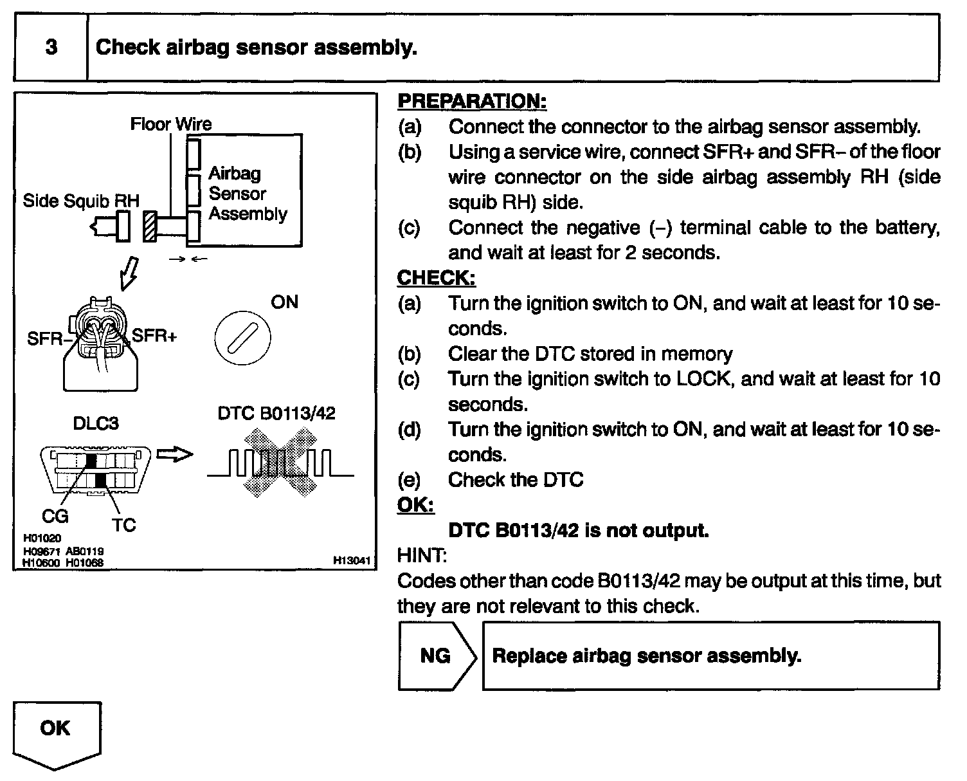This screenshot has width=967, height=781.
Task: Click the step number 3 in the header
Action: pyautogui.click(x=51, y=48)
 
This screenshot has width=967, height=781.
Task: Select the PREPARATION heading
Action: pyautogui.click(x=472, y=101)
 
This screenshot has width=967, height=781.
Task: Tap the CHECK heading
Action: pyautogui.click(x=437, y=278)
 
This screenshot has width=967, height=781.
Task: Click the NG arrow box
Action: pyautogui.click(x=437, y=656)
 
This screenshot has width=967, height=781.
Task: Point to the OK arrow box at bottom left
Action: pyautogui.click(x=56, y=733)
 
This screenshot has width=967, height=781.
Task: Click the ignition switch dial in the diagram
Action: pyautogui.click(x=242, y=336)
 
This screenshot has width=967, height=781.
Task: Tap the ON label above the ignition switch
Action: pyautogui.click(x=285, y=302)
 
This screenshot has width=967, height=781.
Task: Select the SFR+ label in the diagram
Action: pyautogui.click(x=154, y=335)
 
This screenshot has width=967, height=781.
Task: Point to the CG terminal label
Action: pyautogui.click(x=55, y=515)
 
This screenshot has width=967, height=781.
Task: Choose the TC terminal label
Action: pyautogui.click(x=124, y=525)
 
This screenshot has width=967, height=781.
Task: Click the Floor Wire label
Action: pyautogui.click(x=170, y=124)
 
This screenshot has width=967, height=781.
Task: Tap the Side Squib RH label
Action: pyautogui.click(x=81, y=201)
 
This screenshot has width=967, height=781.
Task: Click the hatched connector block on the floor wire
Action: pyautogui.click(x=150, y=227)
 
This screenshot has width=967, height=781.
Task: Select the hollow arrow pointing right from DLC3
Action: pyautogui.click(x=175, y=454)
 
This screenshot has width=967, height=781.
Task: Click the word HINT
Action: pyautogui.click(x=422, y=555)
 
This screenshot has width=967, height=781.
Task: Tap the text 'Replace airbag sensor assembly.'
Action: pyautogui.click(x=646, y=656)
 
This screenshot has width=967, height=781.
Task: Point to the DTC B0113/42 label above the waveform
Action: pyautogui.click(x=276, y=413)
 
